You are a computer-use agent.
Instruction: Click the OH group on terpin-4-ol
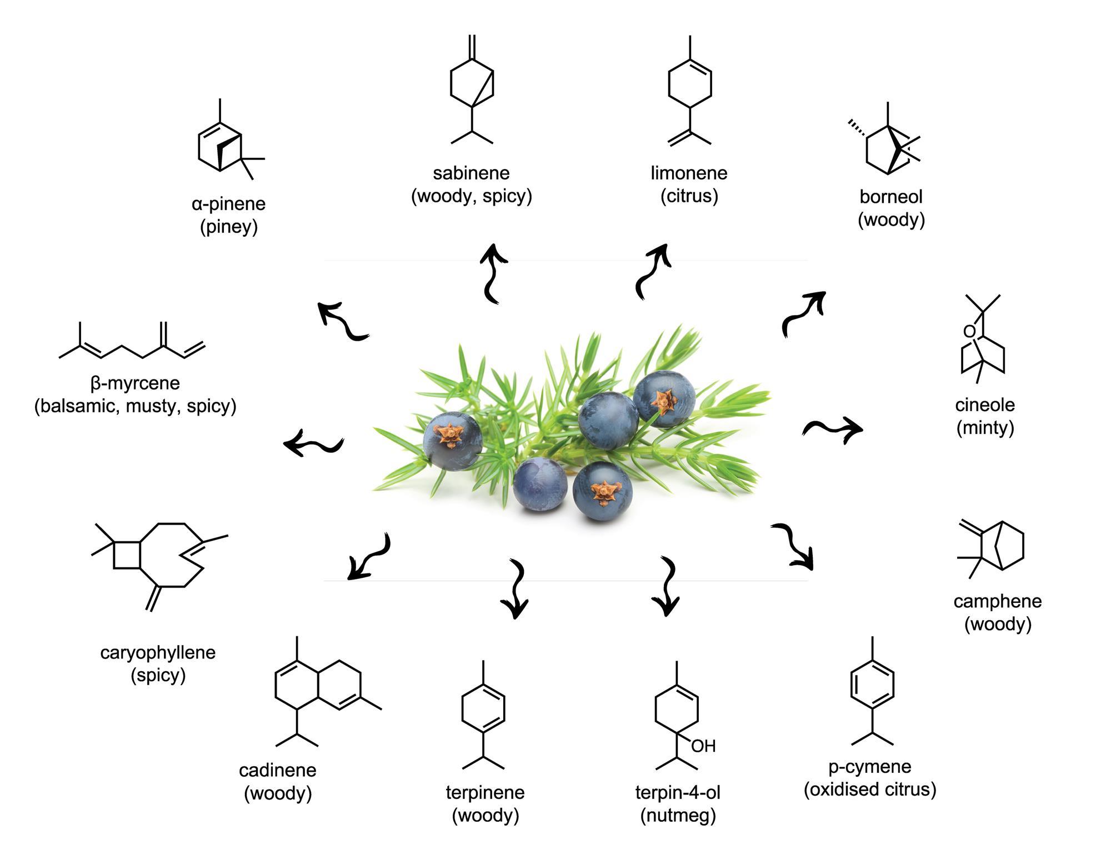coord(703,746)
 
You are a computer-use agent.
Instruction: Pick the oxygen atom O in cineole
coord(969,332)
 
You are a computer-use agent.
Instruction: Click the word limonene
coord(689,173)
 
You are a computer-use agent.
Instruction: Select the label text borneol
coord(891,197)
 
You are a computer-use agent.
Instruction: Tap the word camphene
coord(998,601)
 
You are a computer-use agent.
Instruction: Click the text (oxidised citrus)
coord(870,790)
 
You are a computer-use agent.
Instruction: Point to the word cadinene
coord(278,770)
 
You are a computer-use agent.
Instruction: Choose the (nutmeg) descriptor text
coord(678,816)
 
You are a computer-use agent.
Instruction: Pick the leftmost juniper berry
coord(453,441)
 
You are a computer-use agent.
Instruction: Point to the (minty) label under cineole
coord(985,428)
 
